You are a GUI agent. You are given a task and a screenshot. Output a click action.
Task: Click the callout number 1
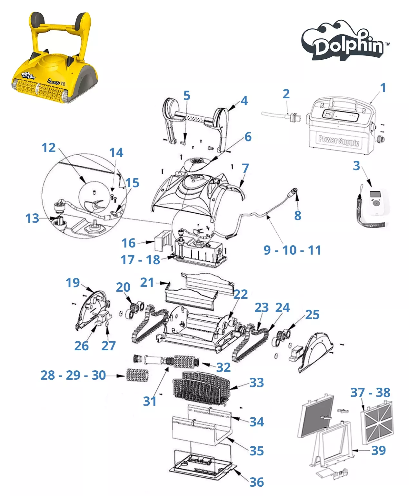[383, 88]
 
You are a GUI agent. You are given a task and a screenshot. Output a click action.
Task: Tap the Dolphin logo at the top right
[345, 40]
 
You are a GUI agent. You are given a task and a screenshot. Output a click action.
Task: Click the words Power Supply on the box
[339, 141]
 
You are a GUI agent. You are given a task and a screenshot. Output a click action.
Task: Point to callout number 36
[257, 482]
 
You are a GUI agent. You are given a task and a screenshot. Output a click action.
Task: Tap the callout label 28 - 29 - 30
[73, 375]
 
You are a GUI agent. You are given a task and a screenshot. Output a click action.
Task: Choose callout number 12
[48, 148]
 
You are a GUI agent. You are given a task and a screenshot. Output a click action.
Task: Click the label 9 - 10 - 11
[293, 250]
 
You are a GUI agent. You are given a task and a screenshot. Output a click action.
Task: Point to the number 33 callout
[257, 383]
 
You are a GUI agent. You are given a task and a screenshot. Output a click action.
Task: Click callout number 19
[73, 282]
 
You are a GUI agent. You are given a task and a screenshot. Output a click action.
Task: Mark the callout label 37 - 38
[370, 393]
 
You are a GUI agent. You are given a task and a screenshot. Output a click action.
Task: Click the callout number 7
[245, 168]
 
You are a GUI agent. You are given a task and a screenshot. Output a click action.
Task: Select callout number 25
[312, 315]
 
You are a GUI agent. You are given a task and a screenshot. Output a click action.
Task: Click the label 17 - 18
[140, 260]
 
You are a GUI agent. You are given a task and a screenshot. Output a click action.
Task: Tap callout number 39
[379, 450]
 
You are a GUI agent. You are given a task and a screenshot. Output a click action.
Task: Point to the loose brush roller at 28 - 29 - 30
[137, 375]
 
